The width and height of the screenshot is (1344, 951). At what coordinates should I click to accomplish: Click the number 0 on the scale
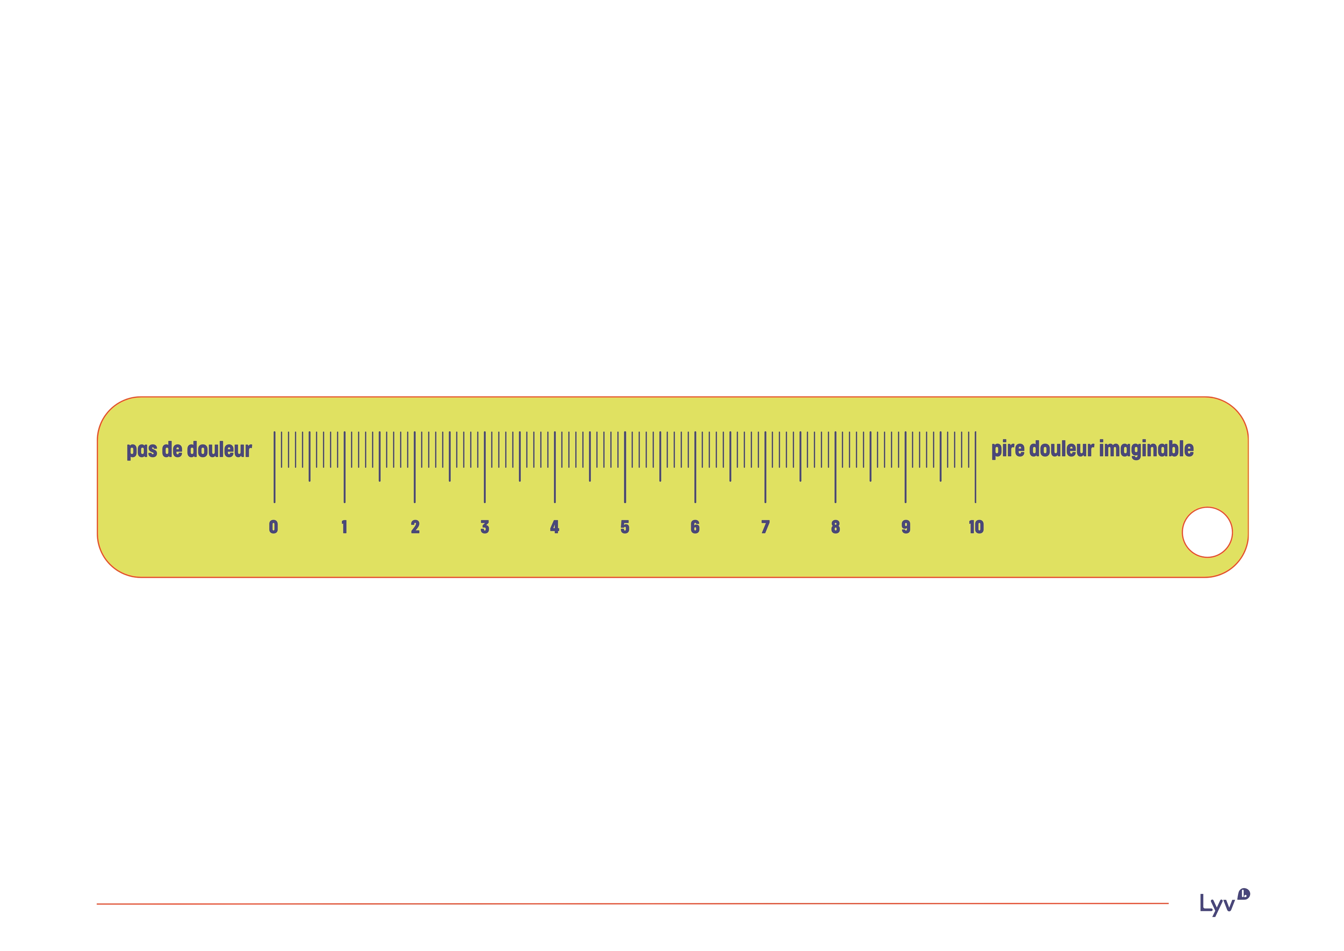tap(273, 527)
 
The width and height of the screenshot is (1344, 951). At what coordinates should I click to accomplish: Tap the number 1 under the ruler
tap(344, 527)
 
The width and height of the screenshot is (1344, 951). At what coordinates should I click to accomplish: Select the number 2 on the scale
tap(415, 527)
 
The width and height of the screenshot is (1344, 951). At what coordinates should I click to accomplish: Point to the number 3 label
tap(485, 527)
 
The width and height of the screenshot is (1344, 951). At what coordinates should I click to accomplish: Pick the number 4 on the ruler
tap(554, 527)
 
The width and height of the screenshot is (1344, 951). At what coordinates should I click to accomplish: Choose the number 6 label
tap(695, 527)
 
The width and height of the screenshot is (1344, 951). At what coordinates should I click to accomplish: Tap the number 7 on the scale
tap(765, 527)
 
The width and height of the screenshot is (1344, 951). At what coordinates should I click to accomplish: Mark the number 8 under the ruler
tap(835, 527)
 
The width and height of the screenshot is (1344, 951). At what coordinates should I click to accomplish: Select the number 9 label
tap(906, 527)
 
